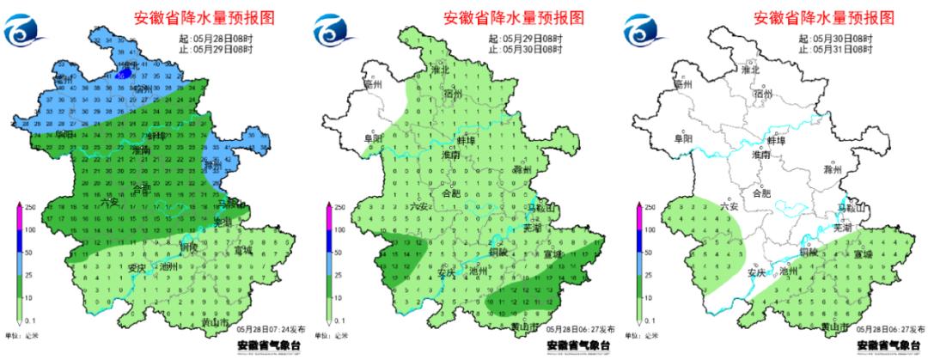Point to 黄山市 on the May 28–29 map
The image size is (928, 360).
point(222,323)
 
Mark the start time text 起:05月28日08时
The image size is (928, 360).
point(218,39)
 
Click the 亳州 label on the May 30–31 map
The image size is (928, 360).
point(683,83)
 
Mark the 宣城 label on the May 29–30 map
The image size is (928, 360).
point(551,254)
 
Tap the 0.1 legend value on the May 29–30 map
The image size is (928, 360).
point(339,320)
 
